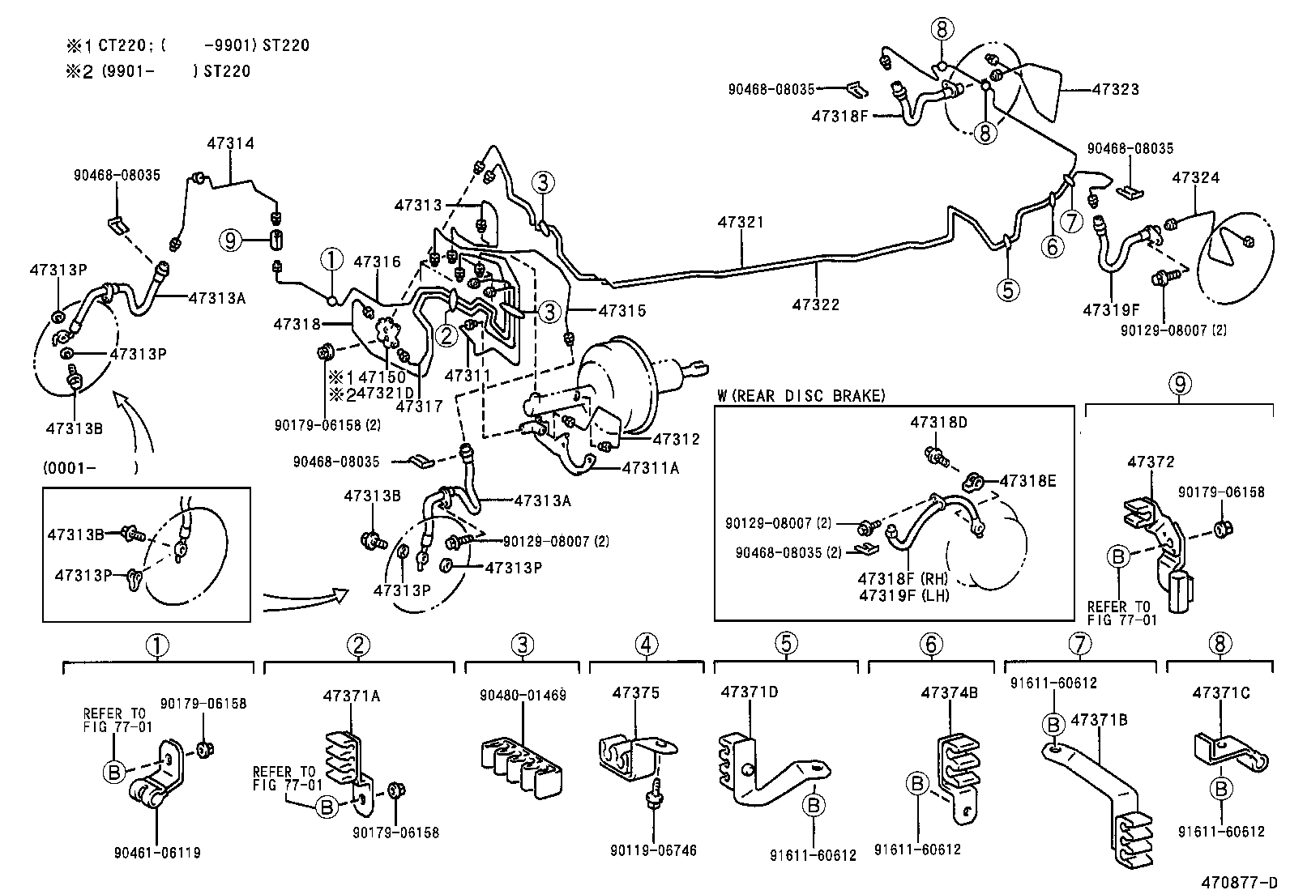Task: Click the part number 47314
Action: [230, 143]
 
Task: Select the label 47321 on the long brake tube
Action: [740, 222]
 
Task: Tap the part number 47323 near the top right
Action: [1115, 89]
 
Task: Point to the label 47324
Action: [1195, 177]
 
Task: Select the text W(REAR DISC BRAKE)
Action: [801, 396]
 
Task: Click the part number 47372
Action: [1151, 462]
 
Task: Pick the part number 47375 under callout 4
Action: [636, 693]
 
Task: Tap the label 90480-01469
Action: [523, 695]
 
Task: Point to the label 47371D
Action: [750, 692]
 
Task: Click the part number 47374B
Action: [949, 693]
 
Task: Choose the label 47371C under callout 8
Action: [1220, 692]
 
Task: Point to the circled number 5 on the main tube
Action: [1007, 289]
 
